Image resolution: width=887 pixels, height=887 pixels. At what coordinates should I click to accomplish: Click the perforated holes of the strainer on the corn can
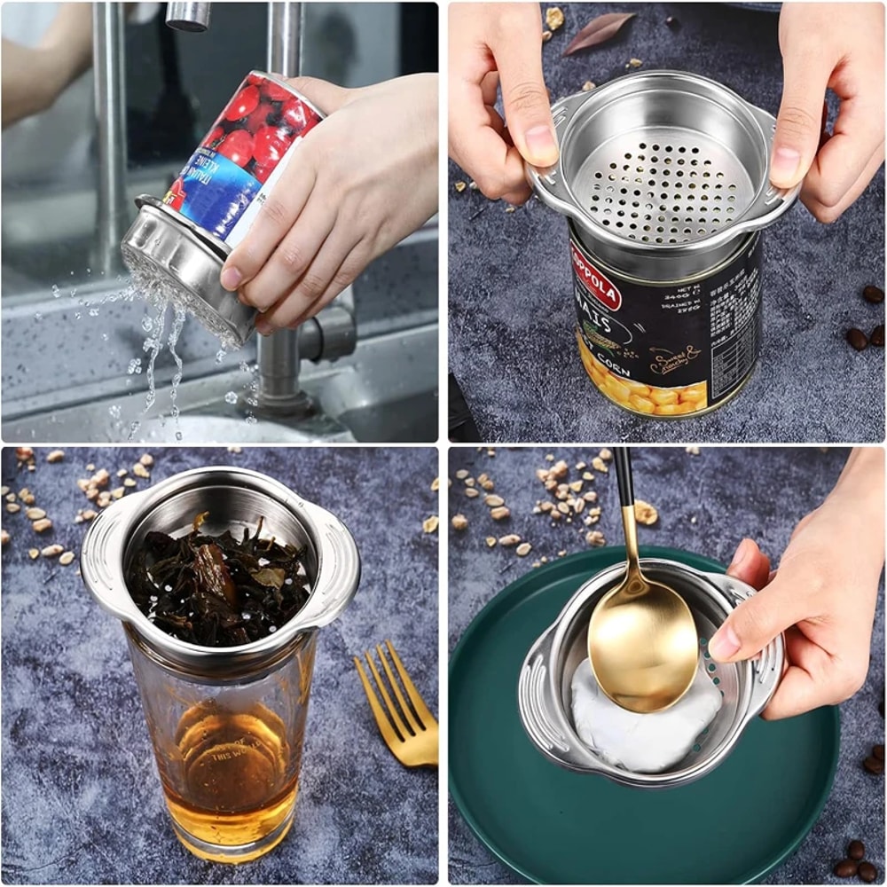[x=661, y=186]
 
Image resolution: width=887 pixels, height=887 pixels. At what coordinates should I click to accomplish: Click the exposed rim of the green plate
[x=497, y=798]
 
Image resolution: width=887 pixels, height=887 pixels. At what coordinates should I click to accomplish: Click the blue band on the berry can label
[x=217, y=200]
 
